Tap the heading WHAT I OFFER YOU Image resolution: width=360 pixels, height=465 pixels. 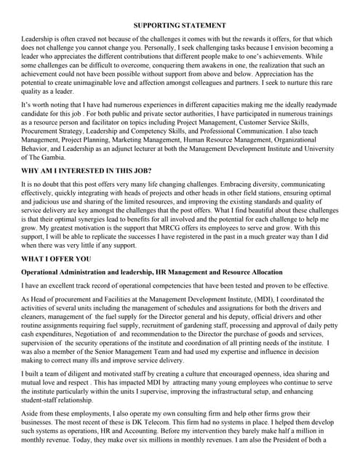(x=57, y=278)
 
